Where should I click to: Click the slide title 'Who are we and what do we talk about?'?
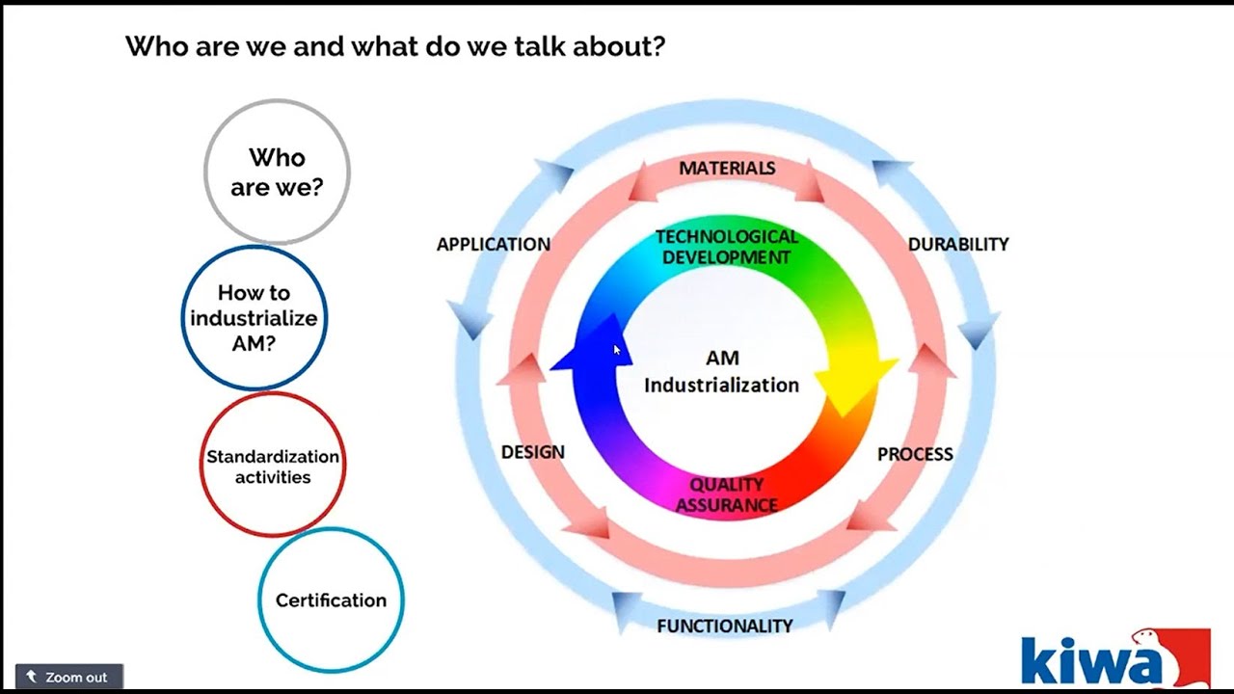[x=395, y=46]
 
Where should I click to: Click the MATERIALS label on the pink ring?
[x=727, y=168]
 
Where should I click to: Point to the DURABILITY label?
[x=958, y=244]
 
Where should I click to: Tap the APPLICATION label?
[x=494, y=244]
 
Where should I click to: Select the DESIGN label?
[x=533, y=452]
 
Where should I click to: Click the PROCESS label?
[x=915, y=454]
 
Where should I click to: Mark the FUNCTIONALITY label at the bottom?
[x=725, y=626]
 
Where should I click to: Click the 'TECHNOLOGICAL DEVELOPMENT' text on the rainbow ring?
[x=727, y=247]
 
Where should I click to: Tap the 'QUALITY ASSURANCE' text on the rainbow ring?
[x=726, y=494]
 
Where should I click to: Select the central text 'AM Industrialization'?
[x=722, y=372]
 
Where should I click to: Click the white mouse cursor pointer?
[x=617, y=351]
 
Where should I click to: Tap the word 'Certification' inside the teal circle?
[x=331, y=601]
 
